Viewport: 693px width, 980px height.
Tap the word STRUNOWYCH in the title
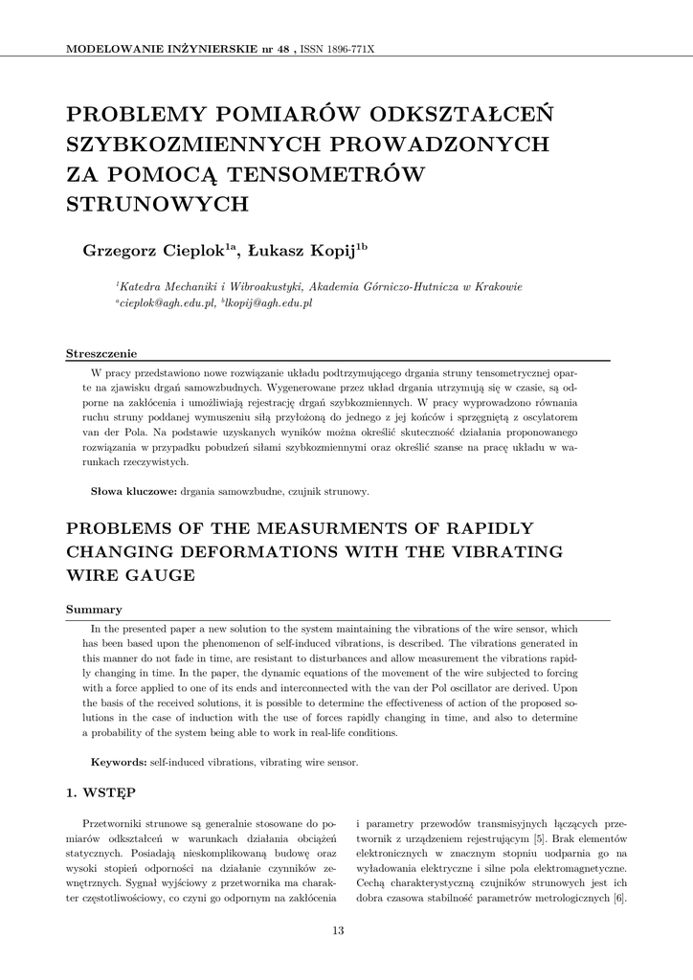tap(156, 204)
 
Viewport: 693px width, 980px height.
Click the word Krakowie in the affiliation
tap(496, 286)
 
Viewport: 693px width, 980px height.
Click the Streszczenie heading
tap(101, 354)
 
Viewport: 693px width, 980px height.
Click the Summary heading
tap(93, 610)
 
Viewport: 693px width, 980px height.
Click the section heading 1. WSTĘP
tap(101, 793)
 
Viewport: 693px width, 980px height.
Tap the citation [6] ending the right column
tap(619, 898)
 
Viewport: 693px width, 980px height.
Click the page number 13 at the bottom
tap(338, 930)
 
